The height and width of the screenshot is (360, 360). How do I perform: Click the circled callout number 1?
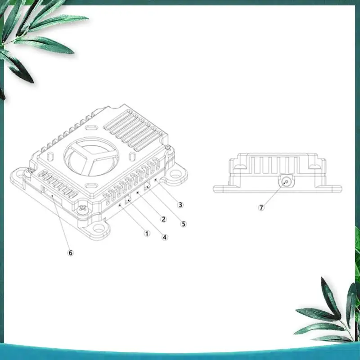coord(147,234)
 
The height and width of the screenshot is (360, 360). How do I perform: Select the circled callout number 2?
coord(163,219)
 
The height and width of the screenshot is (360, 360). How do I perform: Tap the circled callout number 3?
coord(180,205)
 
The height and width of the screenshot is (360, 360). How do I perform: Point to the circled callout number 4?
coord(165,237)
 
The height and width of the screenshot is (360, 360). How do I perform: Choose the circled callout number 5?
coord(184,224)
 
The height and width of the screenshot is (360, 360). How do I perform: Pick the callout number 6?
coord(71,252)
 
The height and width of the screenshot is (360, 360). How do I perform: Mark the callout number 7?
coord(261,207)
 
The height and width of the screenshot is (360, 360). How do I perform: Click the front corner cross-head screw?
coord(82,208)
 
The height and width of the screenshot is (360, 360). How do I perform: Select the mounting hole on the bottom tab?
coord(99,228)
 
